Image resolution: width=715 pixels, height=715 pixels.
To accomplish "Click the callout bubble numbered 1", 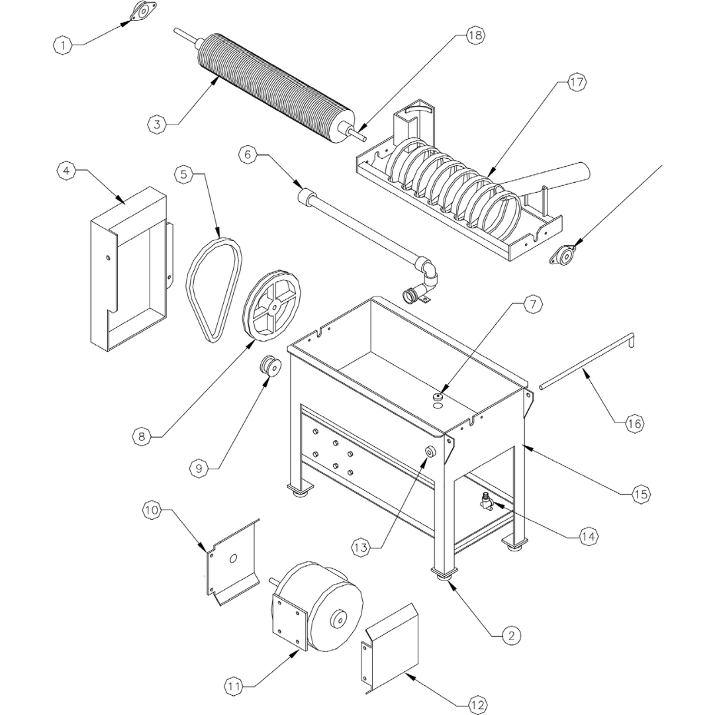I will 62,45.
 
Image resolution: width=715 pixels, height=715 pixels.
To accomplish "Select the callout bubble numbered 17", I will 577,83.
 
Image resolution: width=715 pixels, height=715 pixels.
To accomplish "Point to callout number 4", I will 65,171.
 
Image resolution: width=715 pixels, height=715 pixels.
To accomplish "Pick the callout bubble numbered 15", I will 640,494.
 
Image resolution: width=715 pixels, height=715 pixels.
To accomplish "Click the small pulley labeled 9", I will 271,367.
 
